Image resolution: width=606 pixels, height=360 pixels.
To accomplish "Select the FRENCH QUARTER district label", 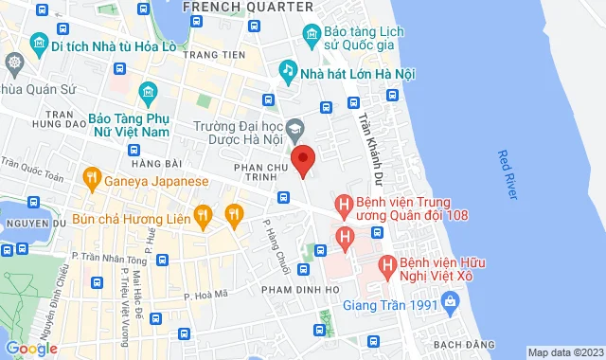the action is pos(247,7).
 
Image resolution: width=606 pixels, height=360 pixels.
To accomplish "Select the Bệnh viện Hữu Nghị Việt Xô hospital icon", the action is pos(386,266).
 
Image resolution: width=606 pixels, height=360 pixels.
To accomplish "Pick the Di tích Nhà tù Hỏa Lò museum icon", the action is pos(39,45).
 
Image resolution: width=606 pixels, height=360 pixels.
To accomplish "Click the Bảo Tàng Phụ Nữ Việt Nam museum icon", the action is pos(147,92).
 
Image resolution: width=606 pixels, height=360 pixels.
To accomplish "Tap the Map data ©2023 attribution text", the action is pos(564,352).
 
